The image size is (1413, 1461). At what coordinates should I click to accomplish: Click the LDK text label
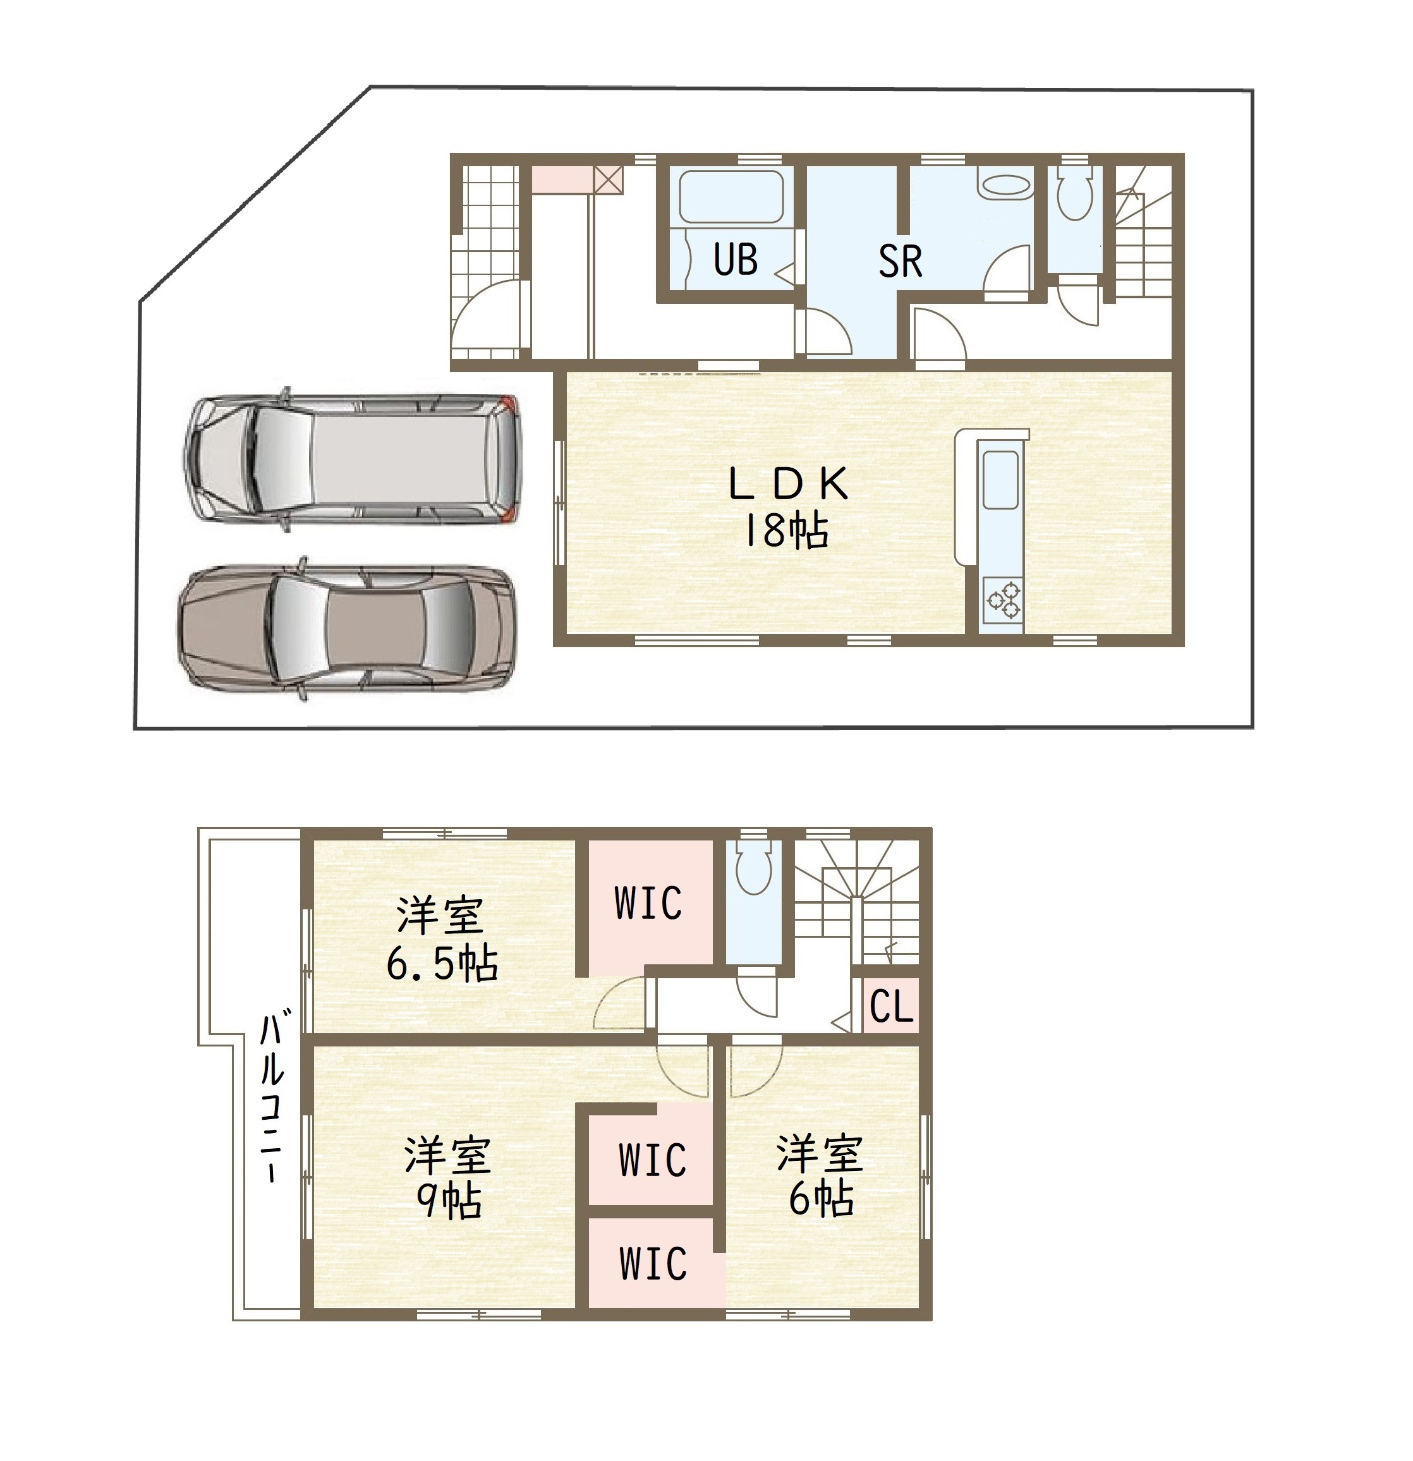click(788, 484)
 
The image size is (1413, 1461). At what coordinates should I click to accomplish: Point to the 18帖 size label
click(786, 531)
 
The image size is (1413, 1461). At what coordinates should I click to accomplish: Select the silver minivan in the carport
click(353, 460)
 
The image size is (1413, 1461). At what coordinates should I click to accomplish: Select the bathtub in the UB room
click(731, 196)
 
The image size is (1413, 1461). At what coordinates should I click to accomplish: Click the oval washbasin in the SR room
click(1005, 186)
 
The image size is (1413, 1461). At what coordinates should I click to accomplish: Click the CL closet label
click(890, 1006)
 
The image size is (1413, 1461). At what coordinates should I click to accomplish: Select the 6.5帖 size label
click(442, 963)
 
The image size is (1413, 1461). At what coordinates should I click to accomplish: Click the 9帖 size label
click(448, 1200)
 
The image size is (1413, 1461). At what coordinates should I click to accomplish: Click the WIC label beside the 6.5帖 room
click(648, 902)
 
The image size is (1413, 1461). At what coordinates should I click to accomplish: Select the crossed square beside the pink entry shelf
click(608, 179)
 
